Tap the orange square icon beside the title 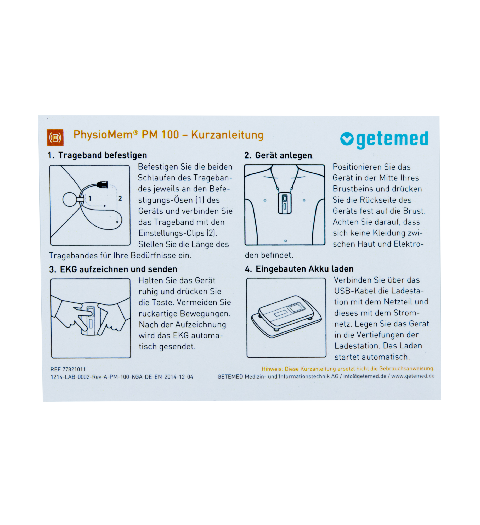point(55,137)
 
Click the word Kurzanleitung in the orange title point(227,135)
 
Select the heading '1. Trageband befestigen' point(97,155)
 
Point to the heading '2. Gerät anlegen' point(278,155)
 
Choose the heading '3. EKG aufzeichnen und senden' point(113,269)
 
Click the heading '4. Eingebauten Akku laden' point(299,269)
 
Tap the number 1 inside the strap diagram point(90,199)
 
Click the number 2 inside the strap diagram point(120,198)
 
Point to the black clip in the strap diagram point(102,184)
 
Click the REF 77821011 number point(68,369)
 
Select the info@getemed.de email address point(365,376)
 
